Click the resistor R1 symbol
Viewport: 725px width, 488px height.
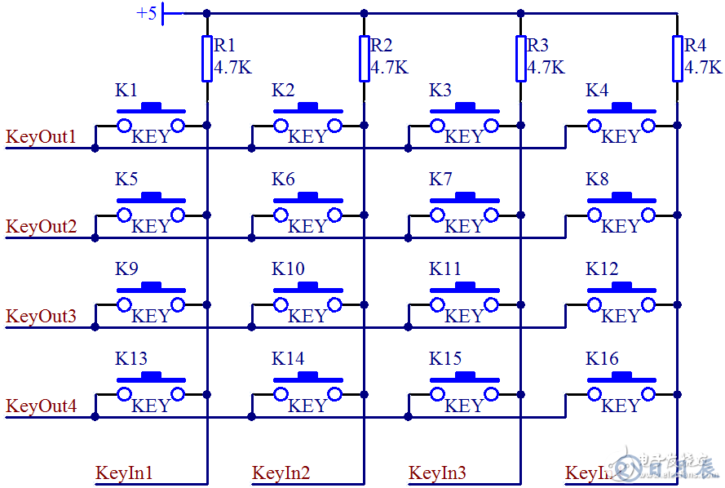(207, 59)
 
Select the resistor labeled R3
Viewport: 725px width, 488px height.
(520, 59)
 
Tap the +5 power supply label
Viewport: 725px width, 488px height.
(147, 13)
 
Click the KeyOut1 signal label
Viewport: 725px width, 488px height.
(41, 136)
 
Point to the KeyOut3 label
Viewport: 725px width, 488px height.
(41, 316)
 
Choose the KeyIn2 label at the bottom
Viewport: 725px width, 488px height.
(281, 472)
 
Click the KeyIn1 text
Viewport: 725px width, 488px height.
(124, 472)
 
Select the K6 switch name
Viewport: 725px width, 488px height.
(283, 180)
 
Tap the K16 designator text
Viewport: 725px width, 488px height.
(602, 359)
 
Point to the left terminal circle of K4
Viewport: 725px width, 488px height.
(595, 125)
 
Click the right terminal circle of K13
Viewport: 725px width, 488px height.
(178, 394)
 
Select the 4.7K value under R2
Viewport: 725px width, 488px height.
(389, 68)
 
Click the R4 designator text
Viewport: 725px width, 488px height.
(695, 45)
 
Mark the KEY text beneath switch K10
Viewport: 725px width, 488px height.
(307, 317)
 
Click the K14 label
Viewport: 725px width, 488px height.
(288, 359)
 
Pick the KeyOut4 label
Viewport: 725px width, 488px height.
(41, 406)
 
